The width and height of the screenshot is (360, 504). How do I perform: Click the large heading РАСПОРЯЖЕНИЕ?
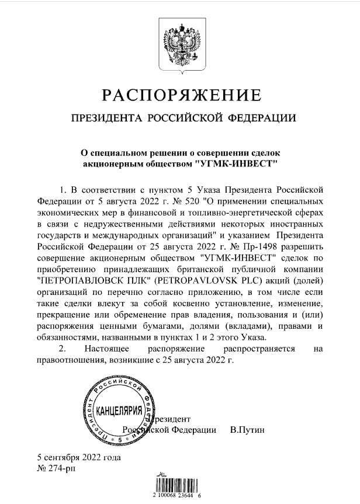click(x=179, y=95)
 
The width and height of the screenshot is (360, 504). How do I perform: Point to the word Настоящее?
click(x=85, y=348)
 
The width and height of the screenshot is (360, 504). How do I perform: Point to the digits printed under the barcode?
click(x=180, y=495)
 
